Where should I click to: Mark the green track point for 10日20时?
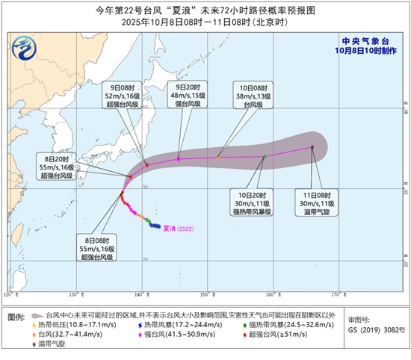265,157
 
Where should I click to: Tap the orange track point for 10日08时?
217,158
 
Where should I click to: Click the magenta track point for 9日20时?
179,158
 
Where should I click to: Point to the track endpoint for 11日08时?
312,147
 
